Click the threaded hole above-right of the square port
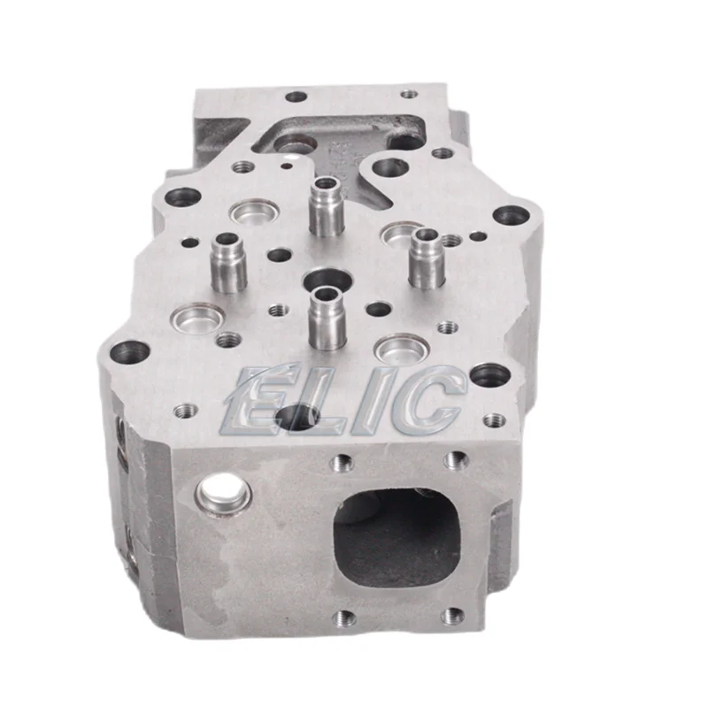tap(455, 459)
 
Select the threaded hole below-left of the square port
tap(343, 618)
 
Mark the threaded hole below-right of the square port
tap(452, 616)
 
